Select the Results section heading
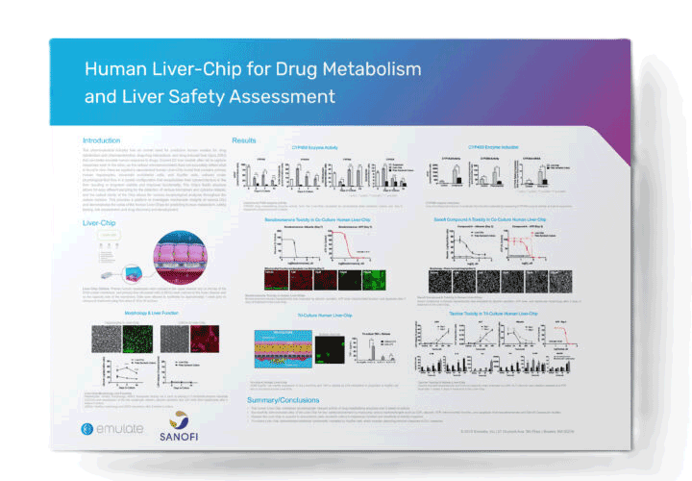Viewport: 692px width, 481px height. [244, 140]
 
